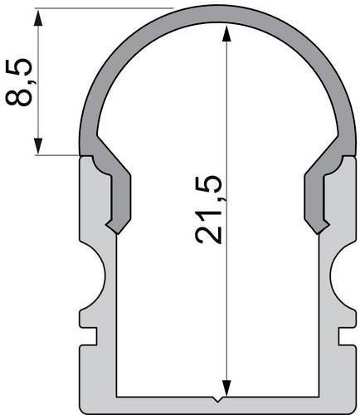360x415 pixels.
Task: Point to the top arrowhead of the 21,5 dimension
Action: (225, 33)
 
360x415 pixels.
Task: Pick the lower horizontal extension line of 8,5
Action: (58, 154)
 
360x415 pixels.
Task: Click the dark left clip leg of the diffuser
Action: (116, 195)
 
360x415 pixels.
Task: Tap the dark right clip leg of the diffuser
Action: (316, 195)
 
